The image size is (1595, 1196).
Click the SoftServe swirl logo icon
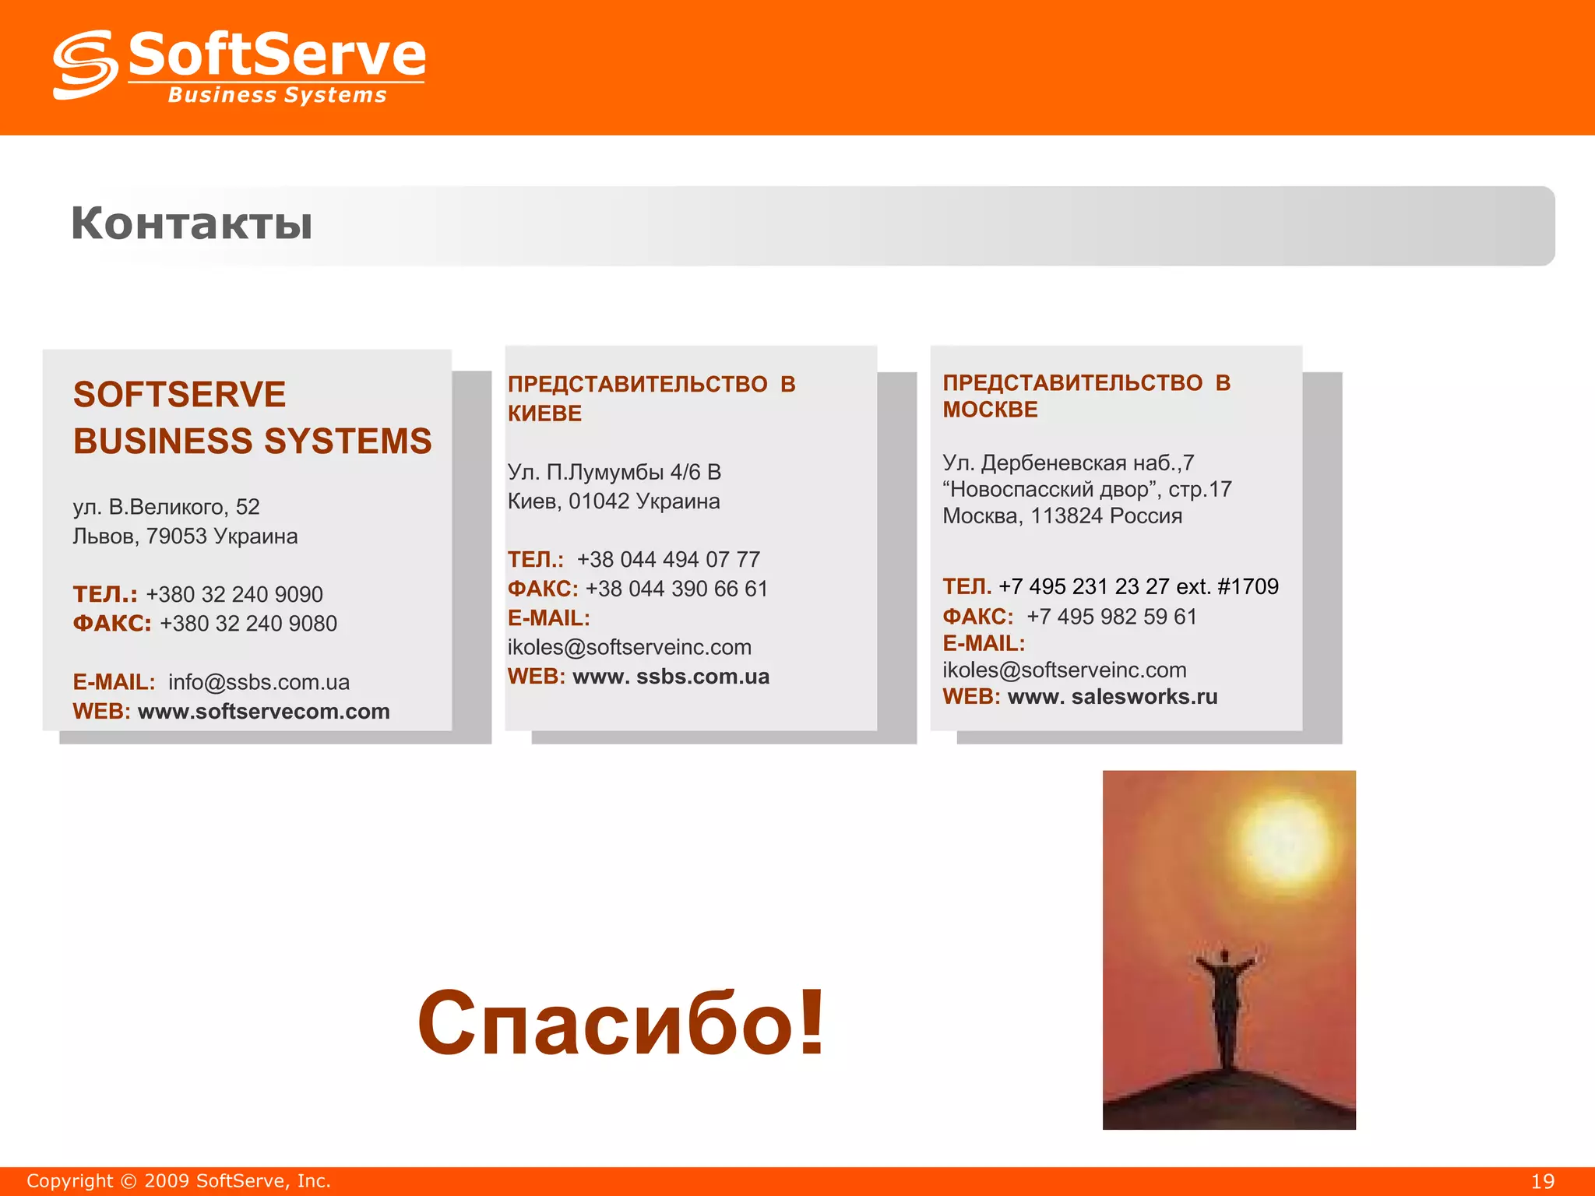tap(85, 65)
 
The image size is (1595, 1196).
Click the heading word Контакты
tap(192, 223)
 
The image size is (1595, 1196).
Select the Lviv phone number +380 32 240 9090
tap(234, 594)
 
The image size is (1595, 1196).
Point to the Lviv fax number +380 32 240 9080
tap(248, 624)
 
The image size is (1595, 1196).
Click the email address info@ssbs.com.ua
tap(259, 682)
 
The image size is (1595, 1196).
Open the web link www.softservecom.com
tap(263, 712)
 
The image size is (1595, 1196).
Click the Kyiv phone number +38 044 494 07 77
tap(668, 559)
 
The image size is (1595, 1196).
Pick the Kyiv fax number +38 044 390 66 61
tap(676, 589)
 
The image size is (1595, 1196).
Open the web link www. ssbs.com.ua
tap(671, 677)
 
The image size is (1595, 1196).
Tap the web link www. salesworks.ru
tap(1112, 697)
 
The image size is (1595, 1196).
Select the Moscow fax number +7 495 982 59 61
tap(1111, 617)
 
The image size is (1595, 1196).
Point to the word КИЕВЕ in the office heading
tap(544, 413)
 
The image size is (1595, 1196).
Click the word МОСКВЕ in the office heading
tap(990, 410)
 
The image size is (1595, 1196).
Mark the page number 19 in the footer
tap(1542, 1181)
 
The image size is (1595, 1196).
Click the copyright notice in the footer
tap(178, 1181)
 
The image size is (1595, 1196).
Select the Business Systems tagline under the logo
tap(277, 95)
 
